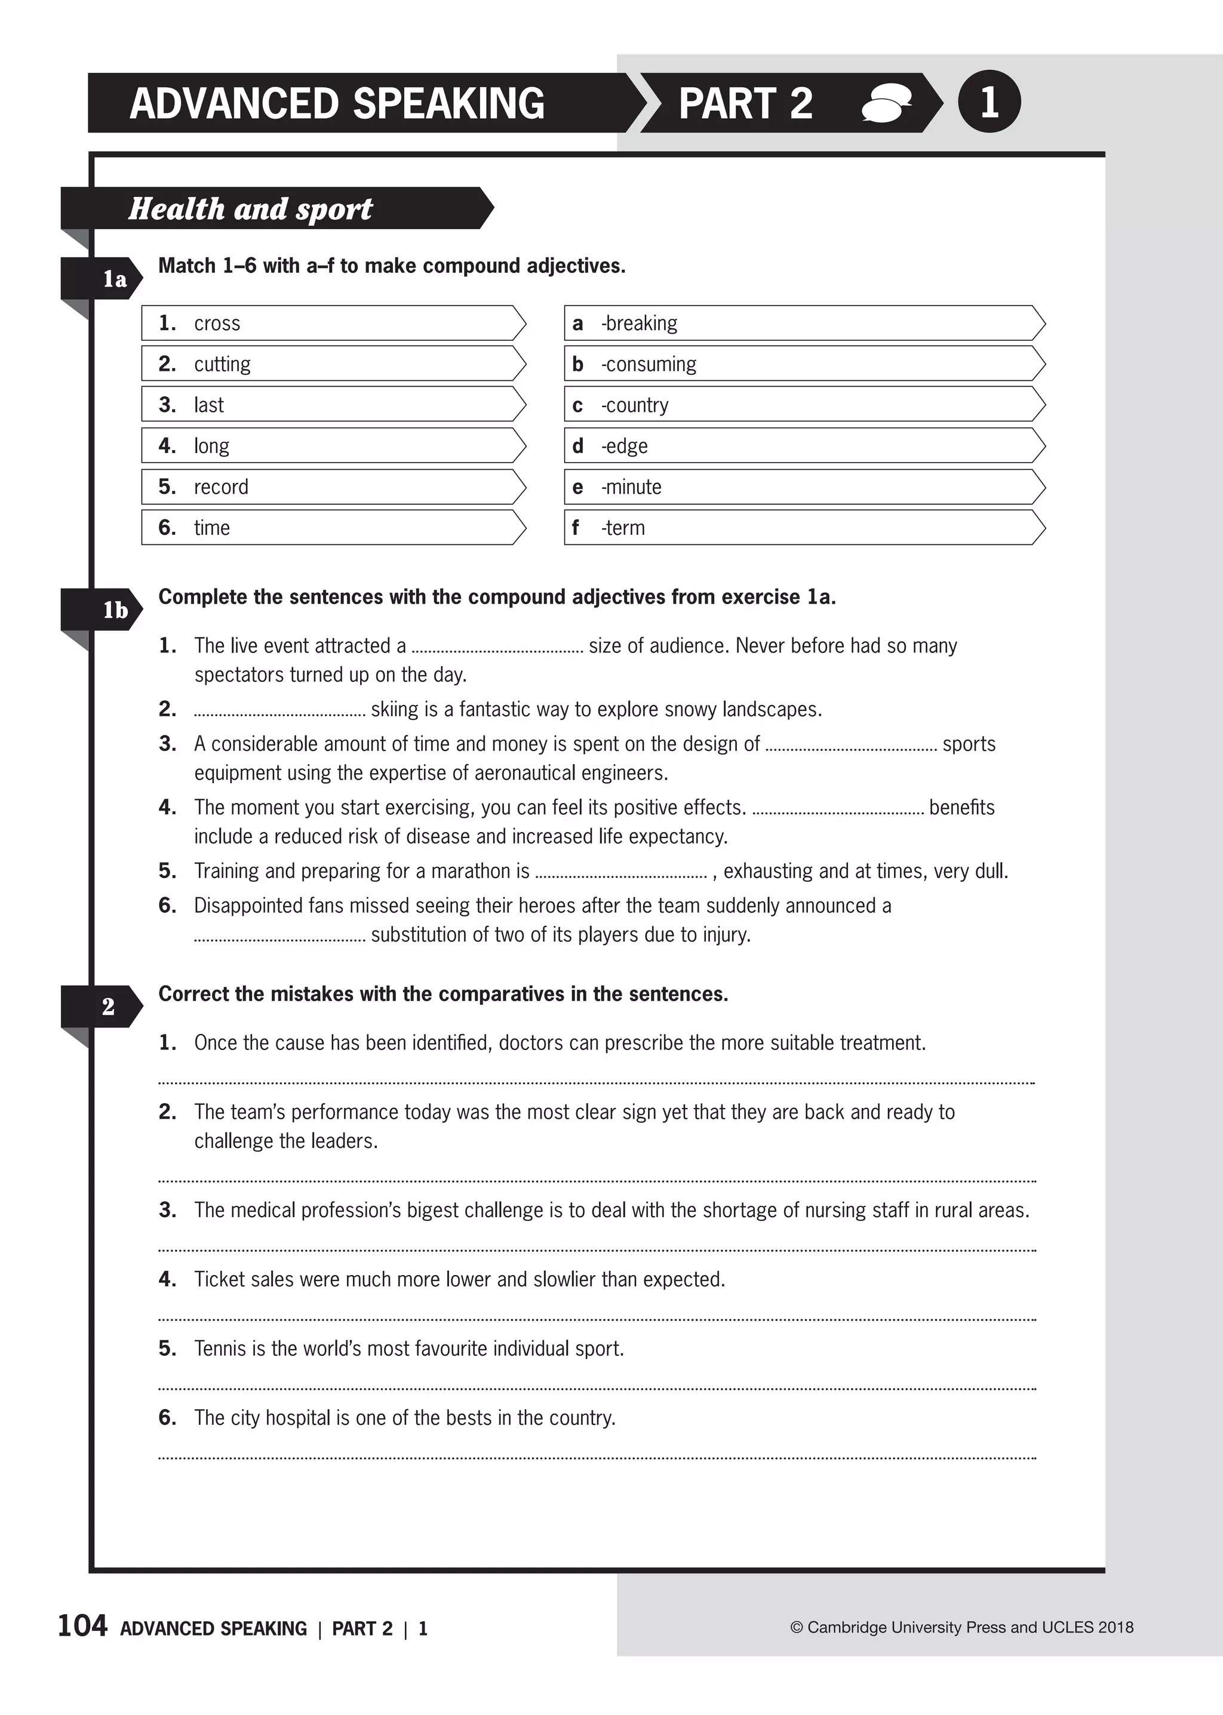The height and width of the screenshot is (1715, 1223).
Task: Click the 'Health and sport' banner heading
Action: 250,208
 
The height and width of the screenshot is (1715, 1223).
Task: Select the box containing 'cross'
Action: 331,323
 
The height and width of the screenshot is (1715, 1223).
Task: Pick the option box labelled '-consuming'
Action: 803,364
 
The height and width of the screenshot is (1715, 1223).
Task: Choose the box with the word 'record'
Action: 331,487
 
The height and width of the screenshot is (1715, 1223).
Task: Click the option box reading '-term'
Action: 803,527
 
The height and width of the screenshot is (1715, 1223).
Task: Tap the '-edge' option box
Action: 803,446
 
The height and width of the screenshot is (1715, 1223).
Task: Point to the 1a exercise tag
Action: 113,279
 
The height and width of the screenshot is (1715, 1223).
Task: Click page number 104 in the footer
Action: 83,1625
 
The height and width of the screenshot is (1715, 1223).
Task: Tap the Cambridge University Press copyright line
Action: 961,1627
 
